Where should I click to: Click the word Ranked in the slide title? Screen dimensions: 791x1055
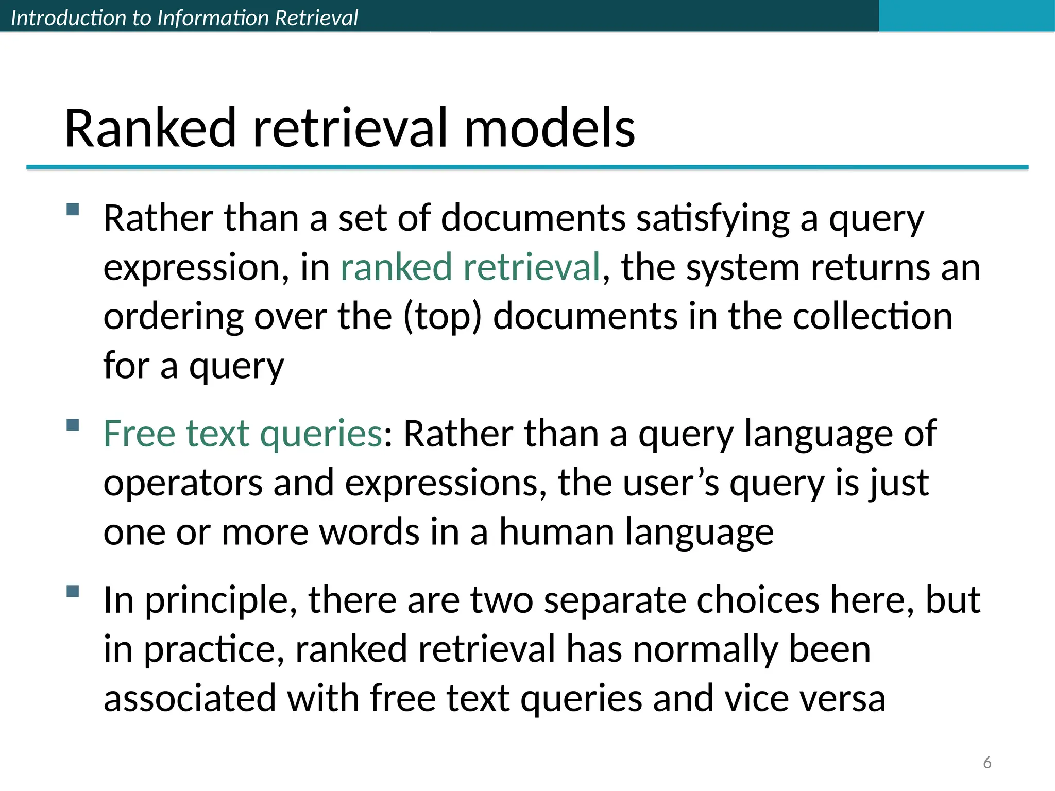(150, 128)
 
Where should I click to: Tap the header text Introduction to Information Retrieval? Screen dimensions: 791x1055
(184, 18)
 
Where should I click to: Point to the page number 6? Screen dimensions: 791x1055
(987, 762)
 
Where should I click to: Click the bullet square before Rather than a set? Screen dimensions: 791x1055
(73, 209)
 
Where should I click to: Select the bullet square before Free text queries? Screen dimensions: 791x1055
(73, 425)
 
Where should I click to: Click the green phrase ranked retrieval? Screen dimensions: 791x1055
(470, 267)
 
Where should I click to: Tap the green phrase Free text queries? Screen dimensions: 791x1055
(243, 434)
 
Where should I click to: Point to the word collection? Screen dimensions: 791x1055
(872, 316)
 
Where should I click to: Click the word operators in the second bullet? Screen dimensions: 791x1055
(183, 483)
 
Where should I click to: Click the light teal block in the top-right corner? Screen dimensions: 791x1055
(966, 15)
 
